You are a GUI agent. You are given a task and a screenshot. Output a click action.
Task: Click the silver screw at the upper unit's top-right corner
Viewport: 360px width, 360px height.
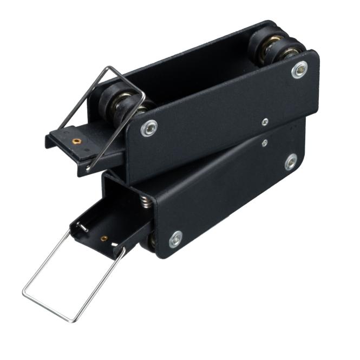[x=299, y=69]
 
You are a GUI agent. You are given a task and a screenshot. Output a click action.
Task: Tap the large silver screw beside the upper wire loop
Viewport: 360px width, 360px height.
[x=148, y=128]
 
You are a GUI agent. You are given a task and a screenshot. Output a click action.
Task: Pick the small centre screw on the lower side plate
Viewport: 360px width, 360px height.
[x=264, y=143]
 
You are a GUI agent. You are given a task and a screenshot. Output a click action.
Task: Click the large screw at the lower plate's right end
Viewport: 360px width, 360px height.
[x=291, y=162]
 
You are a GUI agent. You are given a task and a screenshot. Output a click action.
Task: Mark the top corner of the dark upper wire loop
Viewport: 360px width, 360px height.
[x=109, y=68]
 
